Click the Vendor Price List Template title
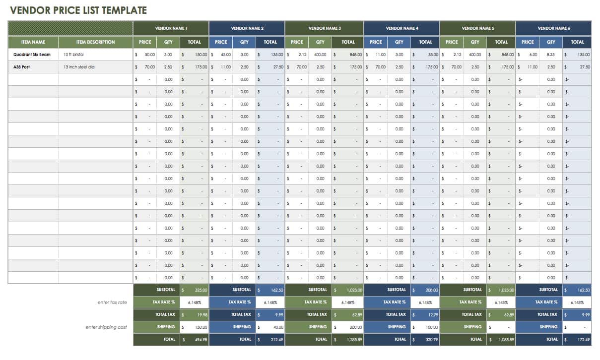pos(78,10)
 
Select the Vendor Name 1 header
pos(171,28)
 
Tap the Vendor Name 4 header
pos(401,28)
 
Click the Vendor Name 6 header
pos(553,28)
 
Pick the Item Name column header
pos(33,42)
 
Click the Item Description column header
pos(95,42)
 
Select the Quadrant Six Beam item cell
pos(32,55)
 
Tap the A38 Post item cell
pos(22,67)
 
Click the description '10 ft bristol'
pos(73,55)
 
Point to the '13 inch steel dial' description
pos(79,67)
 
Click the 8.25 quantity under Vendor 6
pos(551,55)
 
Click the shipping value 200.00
pos(355,327)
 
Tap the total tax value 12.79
pos(432,315)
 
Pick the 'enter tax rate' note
pos(113,302)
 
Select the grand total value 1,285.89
pos(354,340)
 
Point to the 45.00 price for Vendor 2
pos(226,55)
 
